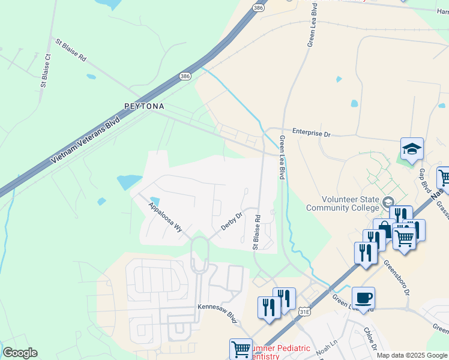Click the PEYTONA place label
tap(144, 106)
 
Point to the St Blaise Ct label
tap(45, 71)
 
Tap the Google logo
tap(20, 353)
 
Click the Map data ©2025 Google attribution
tap(412, 355)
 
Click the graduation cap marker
tap(412, 149)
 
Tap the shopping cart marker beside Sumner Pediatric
tap(241, 348)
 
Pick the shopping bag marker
tap(384, 229)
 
